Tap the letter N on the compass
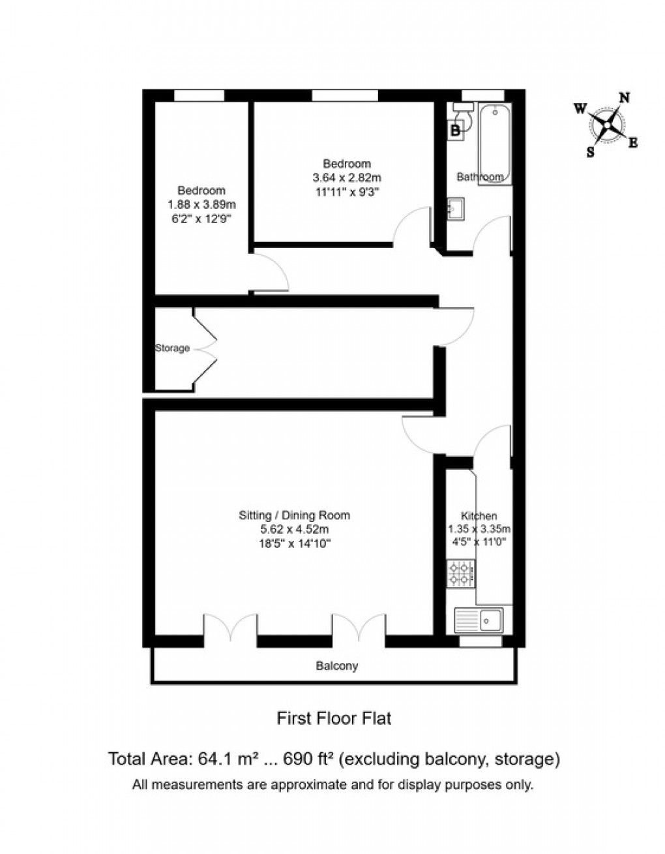(624, 98)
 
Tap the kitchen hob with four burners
(460, 574)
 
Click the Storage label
(172, 348)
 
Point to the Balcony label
(336, 666)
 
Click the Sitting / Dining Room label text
(294, 515)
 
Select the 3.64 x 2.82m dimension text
(347, 177)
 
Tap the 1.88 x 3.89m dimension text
(201, 204)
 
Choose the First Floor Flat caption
(334, 719)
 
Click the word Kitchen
(479, 515)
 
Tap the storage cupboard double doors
(204, 350)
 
